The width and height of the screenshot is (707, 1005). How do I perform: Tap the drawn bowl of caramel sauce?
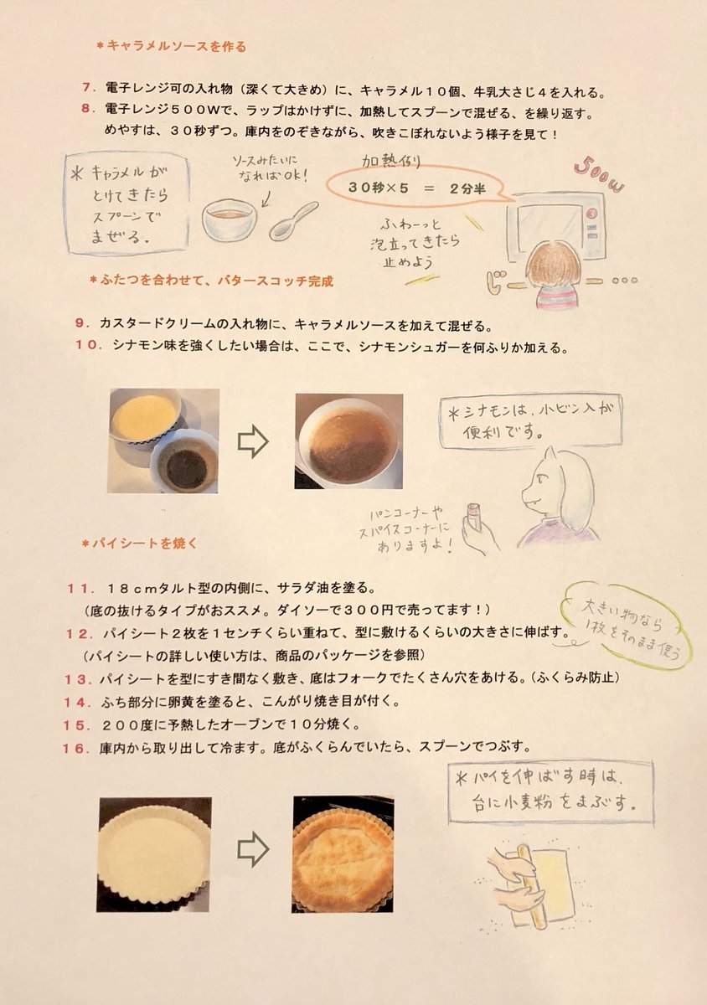(x=230, y=219)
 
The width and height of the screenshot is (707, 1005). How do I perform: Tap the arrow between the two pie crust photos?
(x=253, y=849)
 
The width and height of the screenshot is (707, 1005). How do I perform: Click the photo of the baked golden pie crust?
(x=342, y=854)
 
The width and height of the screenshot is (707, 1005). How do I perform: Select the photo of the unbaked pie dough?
(x=154, y=854)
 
